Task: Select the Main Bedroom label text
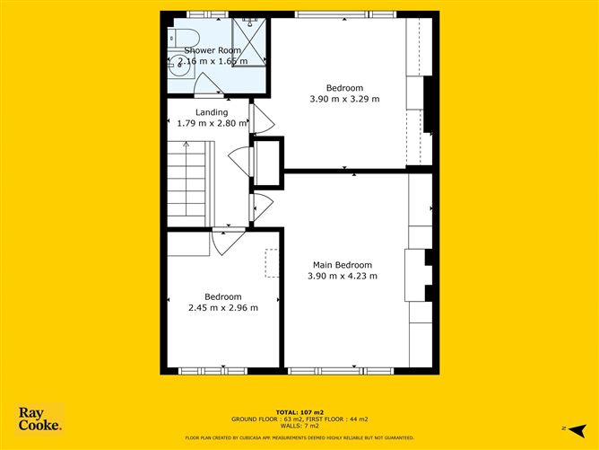tap(342, 265)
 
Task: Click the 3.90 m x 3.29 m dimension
tap(345, 99)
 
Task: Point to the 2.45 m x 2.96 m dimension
tap(222, 308)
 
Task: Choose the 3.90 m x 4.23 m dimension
tap(342, 276)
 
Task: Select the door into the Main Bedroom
tap(262, 207)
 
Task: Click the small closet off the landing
tap(266, 161)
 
